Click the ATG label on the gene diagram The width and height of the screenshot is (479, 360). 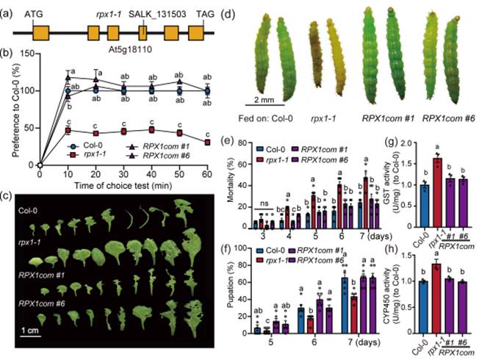point(34,13)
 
